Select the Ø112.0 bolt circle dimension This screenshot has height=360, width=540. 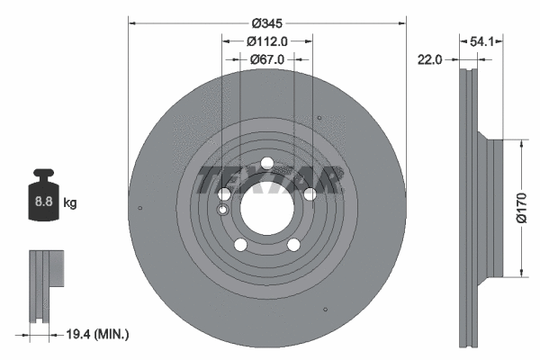(267, 40)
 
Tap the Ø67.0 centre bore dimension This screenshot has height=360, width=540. (267, 59)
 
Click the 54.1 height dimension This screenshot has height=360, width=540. (482, 40)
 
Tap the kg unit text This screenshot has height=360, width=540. (70, 203)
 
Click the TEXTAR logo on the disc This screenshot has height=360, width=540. (267, 181)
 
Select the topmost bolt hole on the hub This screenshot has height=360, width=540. (267, 164)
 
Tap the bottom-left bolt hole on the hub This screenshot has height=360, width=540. (241, 244)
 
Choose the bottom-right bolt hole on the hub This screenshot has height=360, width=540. (293, 244)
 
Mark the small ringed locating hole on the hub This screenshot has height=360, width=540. (223, 210)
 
